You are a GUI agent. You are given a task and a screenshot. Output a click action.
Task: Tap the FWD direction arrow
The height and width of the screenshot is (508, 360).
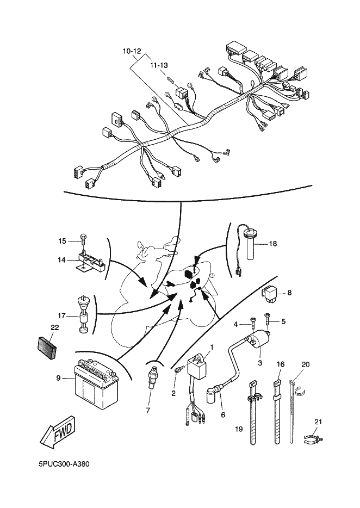(60, 432)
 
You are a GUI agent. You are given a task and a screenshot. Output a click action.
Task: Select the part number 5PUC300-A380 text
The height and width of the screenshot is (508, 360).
(64, 464)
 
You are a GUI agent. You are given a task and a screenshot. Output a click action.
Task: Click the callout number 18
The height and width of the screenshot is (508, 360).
(273, 243)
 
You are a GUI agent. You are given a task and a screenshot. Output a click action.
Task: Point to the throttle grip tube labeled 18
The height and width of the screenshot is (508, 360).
(251, 244)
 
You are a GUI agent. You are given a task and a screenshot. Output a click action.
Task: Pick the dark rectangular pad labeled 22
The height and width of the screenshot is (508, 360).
(46, 348)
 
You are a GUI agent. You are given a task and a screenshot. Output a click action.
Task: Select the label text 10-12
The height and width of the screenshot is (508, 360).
(132, 51)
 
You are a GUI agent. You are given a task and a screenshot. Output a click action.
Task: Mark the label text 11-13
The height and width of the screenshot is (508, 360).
(159, 65)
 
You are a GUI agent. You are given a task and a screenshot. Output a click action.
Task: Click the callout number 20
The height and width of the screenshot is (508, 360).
(305, 364)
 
